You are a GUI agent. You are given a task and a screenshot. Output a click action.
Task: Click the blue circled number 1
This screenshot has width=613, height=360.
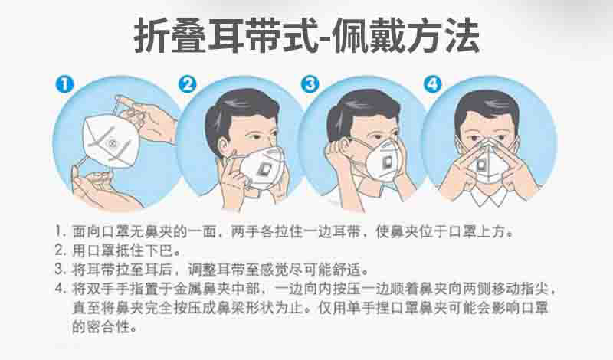click(65, 84)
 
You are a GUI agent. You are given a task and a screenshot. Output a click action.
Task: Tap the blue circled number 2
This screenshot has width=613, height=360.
click(187, 84)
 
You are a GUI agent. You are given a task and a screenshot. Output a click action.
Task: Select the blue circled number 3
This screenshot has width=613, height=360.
click(310, 84)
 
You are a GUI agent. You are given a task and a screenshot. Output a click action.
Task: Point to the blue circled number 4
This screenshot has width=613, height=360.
click(433, 84)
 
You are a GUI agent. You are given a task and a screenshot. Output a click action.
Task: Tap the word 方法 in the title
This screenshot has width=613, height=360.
click(443, 35)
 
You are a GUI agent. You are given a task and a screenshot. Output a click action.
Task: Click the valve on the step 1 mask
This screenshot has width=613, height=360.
click(113, 143)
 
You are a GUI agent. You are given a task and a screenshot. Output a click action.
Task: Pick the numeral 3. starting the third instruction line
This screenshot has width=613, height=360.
click(61, 270)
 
